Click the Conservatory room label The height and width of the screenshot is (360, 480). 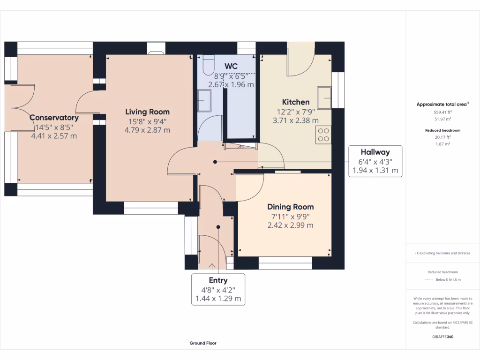click(x=53, y=118)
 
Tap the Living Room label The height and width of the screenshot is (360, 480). click(x=147, y=112)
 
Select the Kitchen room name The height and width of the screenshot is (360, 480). click(x=295, y=102)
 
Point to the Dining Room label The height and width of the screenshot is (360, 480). click(x=290, y=207)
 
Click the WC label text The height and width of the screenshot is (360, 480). click(x=231, y=66)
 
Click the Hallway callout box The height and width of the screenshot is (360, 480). click(x=375, y=161)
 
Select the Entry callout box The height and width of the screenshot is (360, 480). click(x=218, y=289)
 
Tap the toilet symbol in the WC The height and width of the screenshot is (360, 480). click(x=209, y=65)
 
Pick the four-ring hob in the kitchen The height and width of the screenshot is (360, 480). click(x=323, y=135)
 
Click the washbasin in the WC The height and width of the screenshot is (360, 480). click(x=204, y=101)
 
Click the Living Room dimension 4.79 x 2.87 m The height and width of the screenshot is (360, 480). click(x=147, y=130)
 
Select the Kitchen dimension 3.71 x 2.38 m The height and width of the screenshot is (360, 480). click(x=295, y=120)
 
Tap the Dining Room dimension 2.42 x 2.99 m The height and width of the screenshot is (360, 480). click(x=290, y=225)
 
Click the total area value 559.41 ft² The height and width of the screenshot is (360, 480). click(x=442, y=112)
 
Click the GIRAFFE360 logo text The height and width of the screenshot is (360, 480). click(x=442, y=337)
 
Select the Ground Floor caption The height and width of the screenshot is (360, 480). click(x=203, y=343)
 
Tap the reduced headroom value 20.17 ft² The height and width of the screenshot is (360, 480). click(x=442, y=137)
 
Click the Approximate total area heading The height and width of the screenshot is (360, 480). click(x=442, y=105)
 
